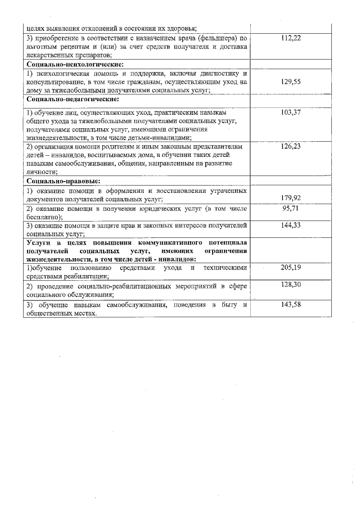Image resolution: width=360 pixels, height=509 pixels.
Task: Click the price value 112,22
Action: pyautogui.click(x=291, y=38)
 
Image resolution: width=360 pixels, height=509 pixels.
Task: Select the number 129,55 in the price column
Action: pyautogui.click(x=291, y=82)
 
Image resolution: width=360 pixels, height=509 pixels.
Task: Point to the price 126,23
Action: pyautogui.click(x=291, y=146)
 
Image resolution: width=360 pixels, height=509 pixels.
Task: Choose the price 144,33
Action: pyautogui.click(x=291, y=225)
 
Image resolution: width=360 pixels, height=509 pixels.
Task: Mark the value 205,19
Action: pyautogui.click(x=291, y=267)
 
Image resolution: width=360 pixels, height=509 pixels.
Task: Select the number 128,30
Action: pyautogui.click(x=291, y=285)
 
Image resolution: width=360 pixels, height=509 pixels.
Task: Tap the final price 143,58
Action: pyautogui.click(x=291, y=304)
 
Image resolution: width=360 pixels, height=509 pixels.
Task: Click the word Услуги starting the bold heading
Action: pyautogui.click(x=39, y=242)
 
